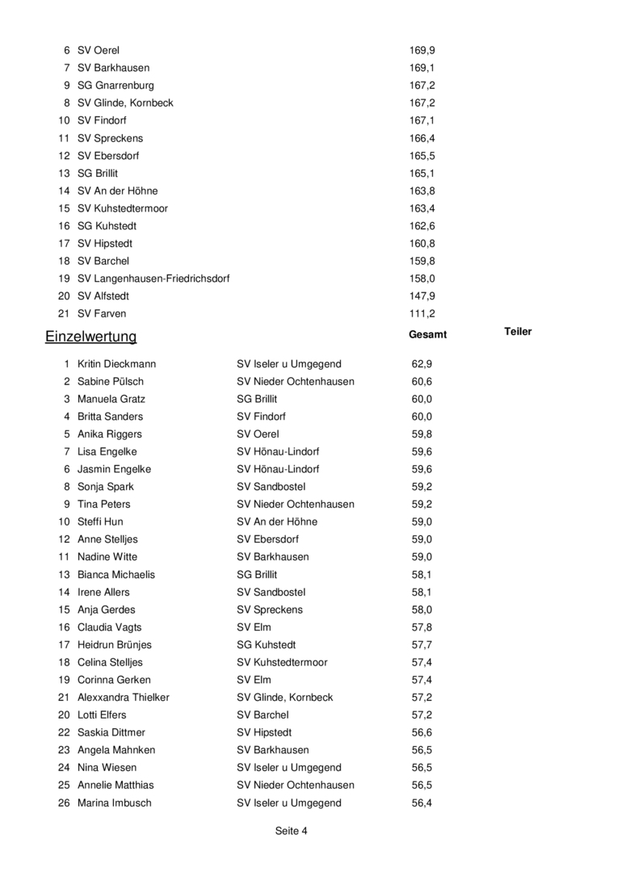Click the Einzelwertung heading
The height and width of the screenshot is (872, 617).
coord(90,337)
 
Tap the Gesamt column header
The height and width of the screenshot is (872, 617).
coord(428,334)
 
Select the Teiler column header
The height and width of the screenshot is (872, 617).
coord(518,331)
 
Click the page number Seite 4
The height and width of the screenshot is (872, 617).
coord(292,830)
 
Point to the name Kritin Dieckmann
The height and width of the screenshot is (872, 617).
coord(116,364)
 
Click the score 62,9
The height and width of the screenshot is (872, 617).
coord(422,364)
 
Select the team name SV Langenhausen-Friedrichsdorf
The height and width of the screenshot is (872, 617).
coord(153,279)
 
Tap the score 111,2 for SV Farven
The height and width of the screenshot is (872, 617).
coord(422,313)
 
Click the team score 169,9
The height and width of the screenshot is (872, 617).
coord(422,51)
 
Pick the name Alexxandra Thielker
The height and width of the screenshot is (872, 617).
coord(124,698)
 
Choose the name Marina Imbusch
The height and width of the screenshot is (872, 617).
coord(114,803)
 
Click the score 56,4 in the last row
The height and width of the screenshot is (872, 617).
coord(422,803)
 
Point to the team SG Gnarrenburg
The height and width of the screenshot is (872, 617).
coord(115,86)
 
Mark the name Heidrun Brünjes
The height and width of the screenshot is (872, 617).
coord(114,645)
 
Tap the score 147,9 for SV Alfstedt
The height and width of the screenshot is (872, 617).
coord(422,296)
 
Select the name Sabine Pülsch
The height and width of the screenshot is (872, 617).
coord(111,382)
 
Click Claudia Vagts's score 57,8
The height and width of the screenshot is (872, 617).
coord(422,627)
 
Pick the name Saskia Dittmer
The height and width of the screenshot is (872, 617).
coord(111,732)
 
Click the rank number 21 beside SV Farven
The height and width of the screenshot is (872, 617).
coord(64,313)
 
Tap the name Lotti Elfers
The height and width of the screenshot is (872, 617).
coord(102,715)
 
